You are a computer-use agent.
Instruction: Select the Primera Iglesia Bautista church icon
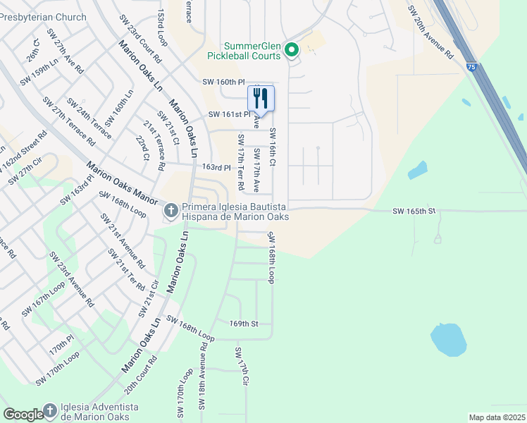171,211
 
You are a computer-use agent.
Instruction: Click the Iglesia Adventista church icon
50,410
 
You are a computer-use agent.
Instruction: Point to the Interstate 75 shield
470,66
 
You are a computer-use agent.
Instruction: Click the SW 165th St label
414,211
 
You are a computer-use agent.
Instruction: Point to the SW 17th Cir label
243,366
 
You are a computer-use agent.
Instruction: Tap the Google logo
23,415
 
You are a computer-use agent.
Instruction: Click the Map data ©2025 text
497,417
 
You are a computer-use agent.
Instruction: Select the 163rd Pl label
216,168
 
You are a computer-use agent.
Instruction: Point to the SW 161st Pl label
229,114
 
